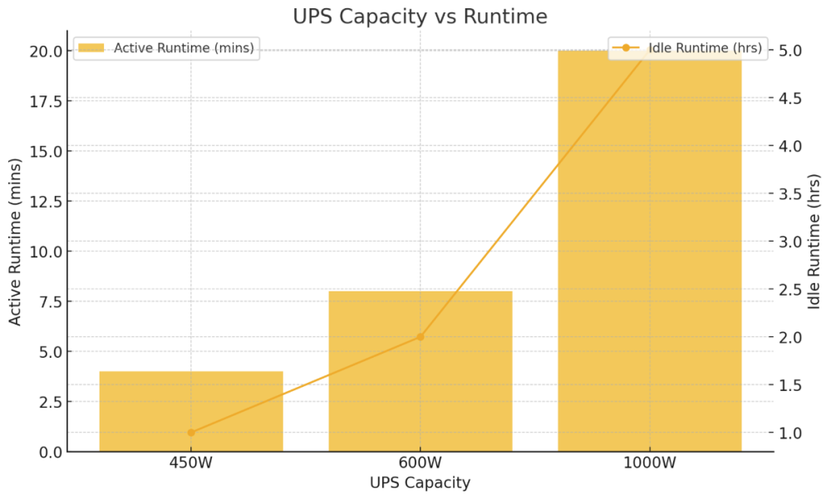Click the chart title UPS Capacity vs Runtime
click(x=420, y=17)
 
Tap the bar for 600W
click(x=420, y=371)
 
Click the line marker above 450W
click(x=191, y=433)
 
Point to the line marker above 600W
click(x=420, y=337)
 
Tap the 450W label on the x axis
click(x=191, y=463)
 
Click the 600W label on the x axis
click(x=420, y=463)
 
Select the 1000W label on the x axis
click(x=649, y=463)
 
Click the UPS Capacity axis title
click(x=420, y=483)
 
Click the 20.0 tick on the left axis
click(x=44, y=51)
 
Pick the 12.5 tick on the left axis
click(x=44, y=201)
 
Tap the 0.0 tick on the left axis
click(x=48, y=452)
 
